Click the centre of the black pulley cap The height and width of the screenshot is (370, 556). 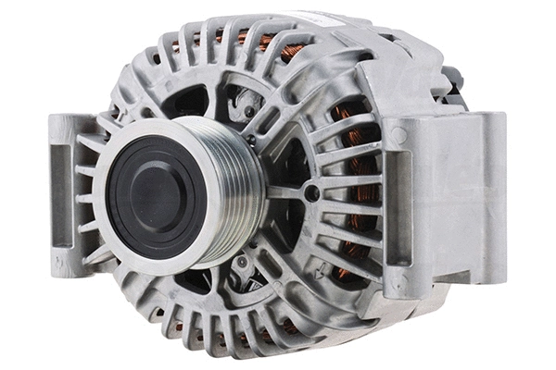click(x=152, y=195)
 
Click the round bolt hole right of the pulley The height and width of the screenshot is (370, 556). click(x=312, y=193)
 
